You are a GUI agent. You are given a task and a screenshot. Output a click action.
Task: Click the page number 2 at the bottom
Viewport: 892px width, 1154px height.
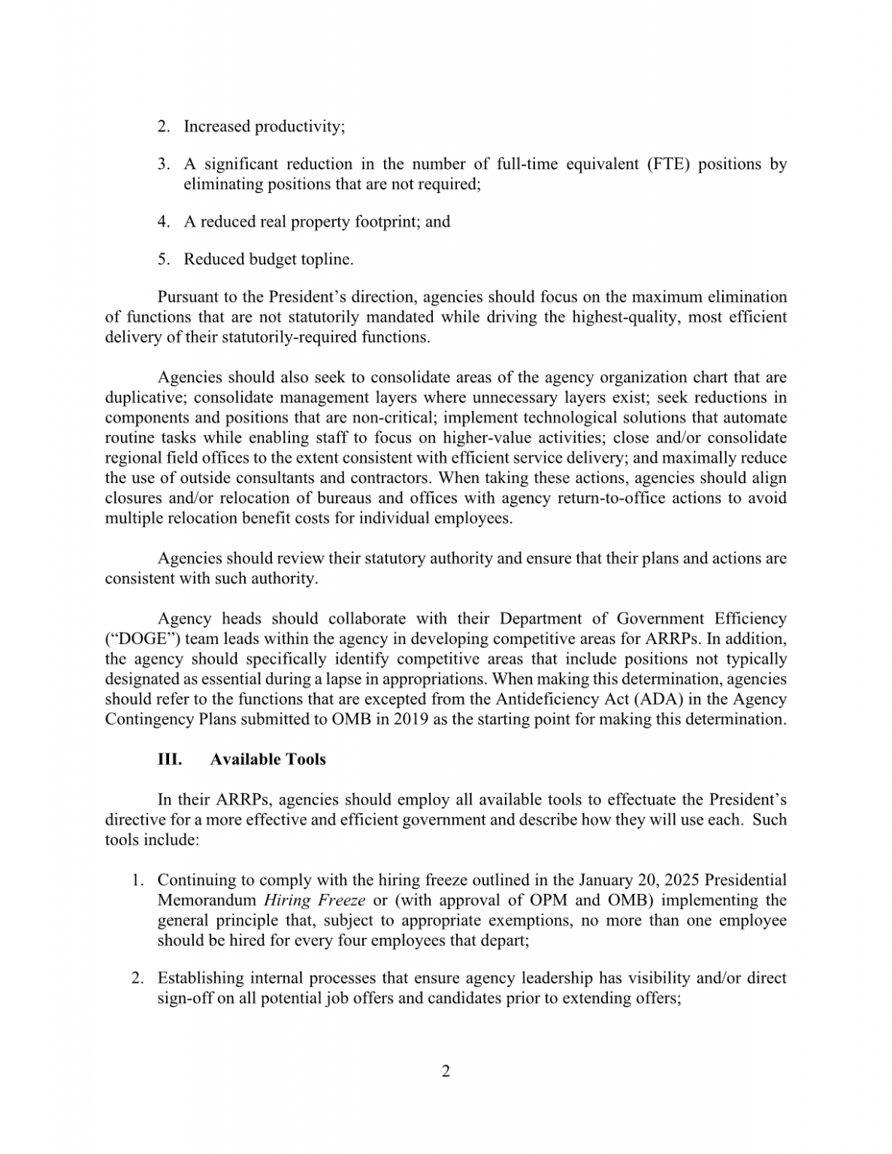point(446,1071)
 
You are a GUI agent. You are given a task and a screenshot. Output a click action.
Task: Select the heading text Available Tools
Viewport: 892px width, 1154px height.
point(268,759)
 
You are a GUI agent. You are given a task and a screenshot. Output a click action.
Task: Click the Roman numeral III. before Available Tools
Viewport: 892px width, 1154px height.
point(170,759)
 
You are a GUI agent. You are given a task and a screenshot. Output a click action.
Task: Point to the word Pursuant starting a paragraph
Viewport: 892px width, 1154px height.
point(187,297)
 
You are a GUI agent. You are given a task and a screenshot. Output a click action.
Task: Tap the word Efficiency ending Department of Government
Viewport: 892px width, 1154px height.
point(750,618)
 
